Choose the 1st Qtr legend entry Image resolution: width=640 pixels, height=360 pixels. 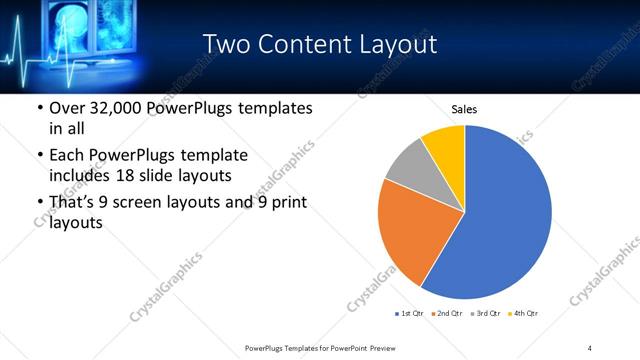[410, 315]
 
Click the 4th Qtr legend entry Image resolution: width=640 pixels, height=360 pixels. [526, 315]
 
